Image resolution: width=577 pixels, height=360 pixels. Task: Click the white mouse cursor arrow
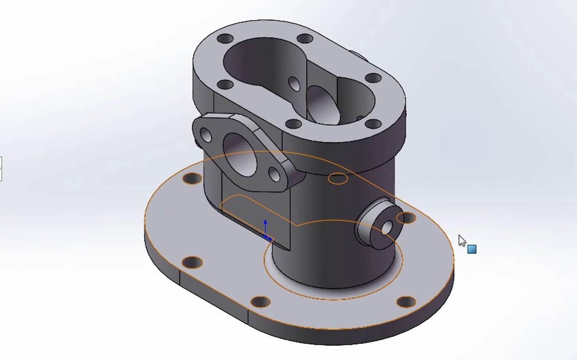coord(462,241)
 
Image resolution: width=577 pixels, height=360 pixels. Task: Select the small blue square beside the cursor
coord(472,249)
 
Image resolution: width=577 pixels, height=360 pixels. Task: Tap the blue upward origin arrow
coord(265,226)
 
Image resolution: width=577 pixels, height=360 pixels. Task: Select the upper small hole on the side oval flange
coord(206,135)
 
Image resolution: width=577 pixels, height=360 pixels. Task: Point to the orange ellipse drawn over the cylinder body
coord(338,179)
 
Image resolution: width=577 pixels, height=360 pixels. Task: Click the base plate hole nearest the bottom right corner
coord(406,302)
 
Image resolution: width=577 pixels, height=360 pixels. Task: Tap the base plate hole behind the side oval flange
coord(192,179)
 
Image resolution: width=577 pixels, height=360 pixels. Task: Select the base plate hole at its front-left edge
coord(192,263)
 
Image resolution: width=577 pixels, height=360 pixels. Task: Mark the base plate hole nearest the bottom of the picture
coord(260,302)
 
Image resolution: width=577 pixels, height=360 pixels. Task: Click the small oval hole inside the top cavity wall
coord(294,84)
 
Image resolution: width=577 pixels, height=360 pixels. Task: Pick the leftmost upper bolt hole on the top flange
coord(225,39)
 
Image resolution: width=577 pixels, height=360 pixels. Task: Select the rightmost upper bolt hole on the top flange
coord(373,78)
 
